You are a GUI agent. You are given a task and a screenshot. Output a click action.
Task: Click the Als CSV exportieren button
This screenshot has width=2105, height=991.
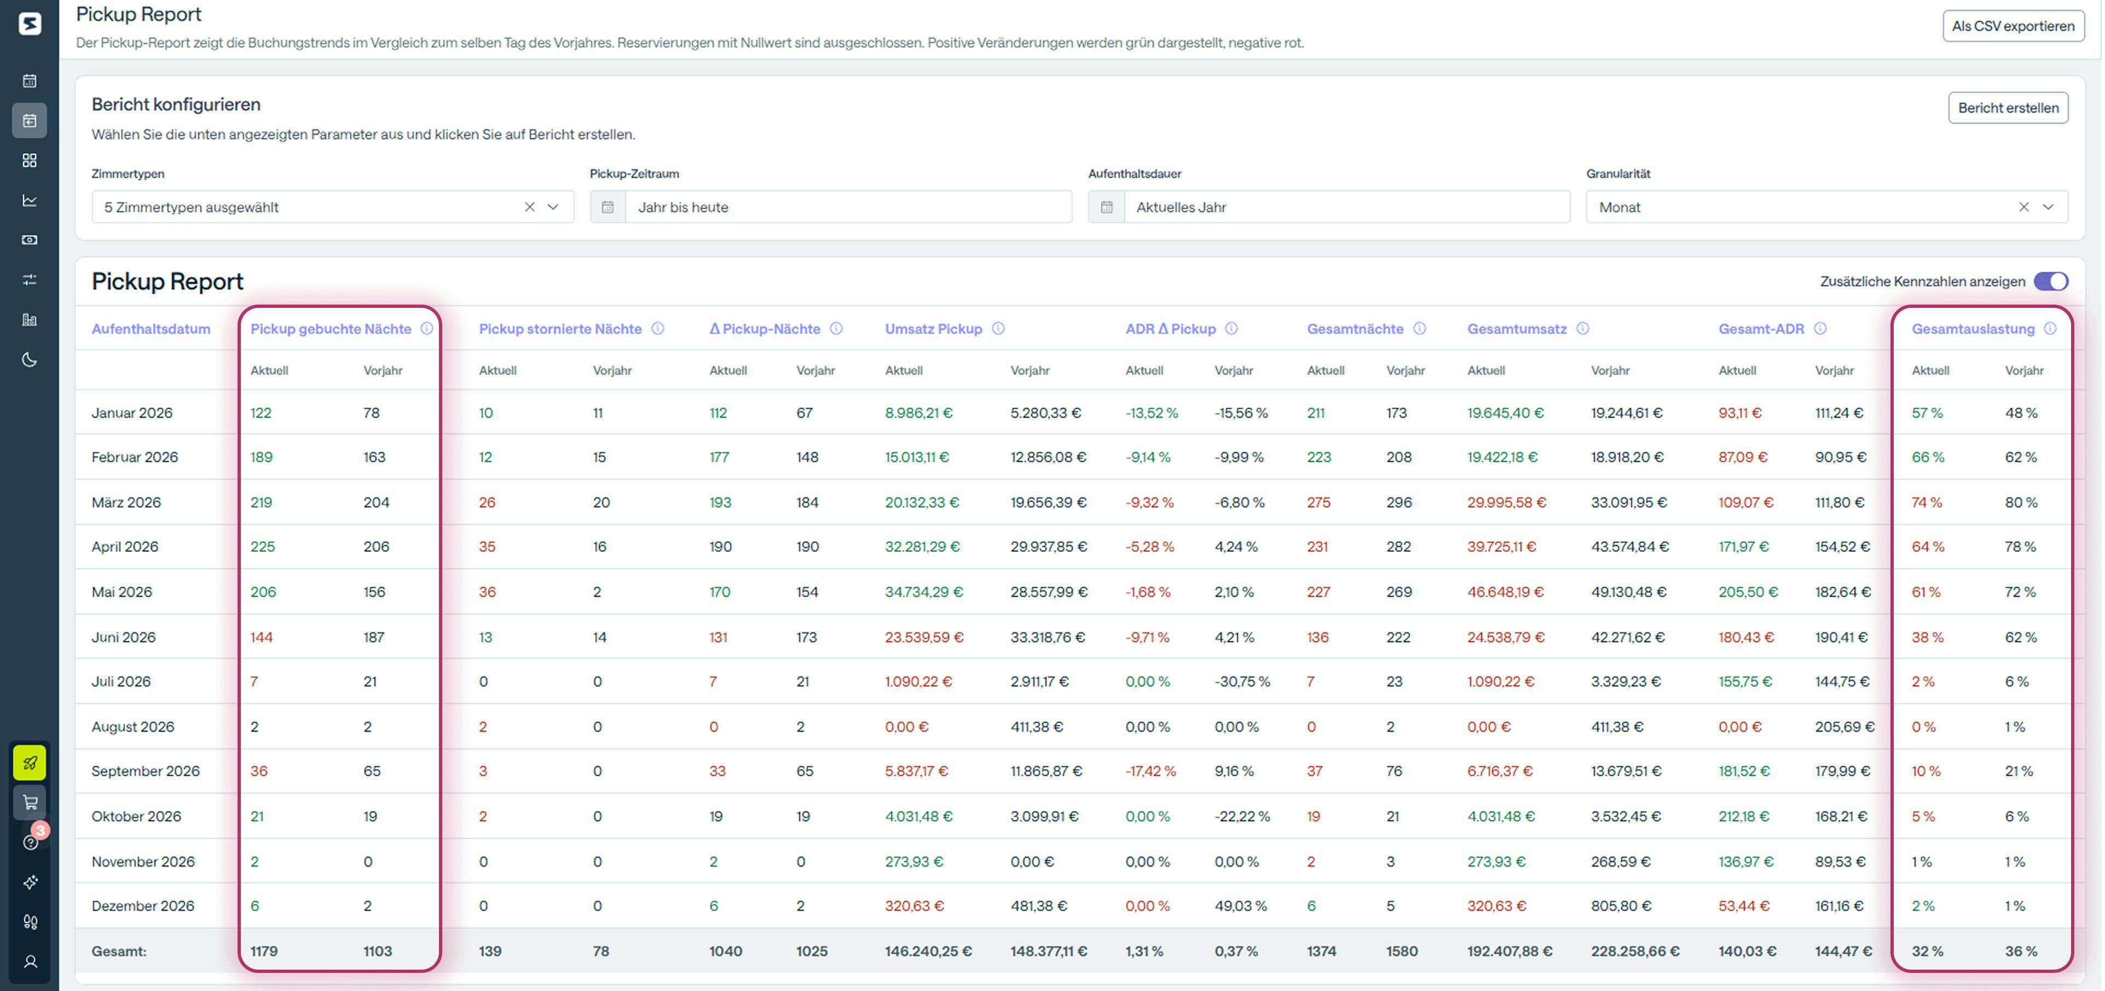pos(2012,26)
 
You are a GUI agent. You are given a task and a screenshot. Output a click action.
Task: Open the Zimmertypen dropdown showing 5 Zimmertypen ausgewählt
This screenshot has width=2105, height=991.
pos(310,207)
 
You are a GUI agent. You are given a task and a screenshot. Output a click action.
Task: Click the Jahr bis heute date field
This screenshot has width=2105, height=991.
pos(846,207)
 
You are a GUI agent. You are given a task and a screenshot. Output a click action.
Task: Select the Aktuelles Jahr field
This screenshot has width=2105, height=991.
pos(1344,207)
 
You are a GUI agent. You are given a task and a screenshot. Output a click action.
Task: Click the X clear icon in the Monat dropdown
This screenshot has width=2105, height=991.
pos(2023,207)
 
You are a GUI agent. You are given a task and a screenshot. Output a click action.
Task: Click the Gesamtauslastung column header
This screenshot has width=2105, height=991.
pos(1972,329)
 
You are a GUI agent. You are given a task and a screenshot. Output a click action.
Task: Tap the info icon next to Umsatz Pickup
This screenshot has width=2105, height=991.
pos(998,329)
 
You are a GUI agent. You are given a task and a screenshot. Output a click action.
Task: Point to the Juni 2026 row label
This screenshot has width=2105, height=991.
pos(123,637)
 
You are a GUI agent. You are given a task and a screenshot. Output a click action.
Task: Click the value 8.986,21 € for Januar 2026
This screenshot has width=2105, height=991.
pos(918,413)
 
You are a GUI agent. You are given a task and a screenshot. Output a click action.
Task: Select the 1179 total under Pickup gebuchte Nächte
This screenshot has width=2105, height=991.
pos(264,951)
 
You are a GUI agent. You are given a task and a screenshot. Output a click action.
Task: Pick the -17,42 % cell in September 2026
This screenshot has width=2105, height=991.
pos(1150,771)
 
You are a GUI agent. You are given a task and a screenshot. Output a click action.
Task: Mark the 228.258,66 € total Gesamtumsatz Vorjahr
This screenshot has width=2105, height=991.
pos(1634,951)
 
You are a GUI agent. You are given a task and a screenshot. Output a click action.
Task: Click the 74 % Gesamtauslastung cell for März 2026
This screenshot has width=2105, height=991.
pos(1926,502)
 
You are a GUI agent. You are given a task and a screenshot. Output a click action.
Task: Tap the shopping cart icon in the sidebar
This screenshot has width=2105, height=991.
pos(30,802)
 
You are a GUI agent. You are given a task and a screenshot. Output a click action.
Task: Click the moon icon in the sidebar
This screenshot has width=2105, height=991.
pos(30,360)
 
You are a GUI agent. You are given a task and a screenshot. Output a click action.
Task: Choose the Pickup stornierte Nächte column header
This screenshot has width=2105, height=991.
pos(560,329)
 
